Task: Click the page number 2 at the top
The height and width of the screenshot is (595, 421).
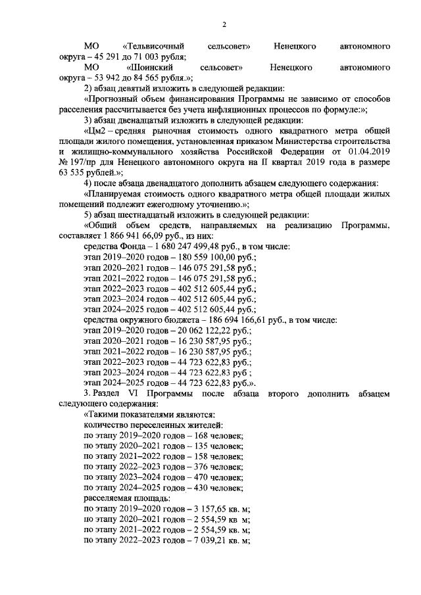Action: pyautogui.click(x=224, y=25)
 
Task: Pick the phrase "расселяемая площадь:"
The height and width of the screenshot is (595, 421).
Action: pyautogui.click(x=117, y=498)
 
